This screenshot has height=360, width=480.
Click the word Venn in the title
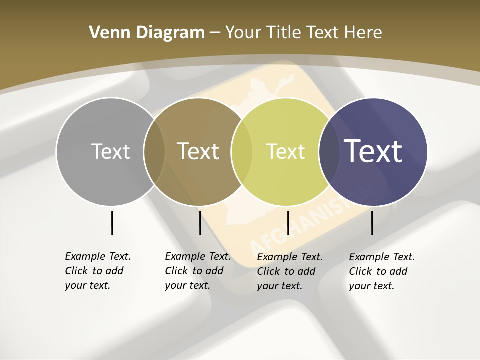[106, 32]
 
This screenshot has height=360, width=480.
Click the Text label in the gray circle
[110, 151]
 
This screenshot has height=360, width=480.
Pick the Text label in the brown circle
[198, 151]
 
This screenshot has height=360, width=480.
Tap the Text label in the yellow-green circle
[285, 151]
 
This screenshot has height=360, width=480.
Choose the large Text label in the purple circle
[373, 151]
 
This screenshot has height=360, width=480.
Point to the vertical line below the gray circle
[112, 223]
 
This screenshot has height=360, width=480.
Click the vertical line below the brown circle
[200, 223]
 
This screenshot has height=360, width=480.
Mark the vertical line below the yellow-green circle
[288, 223]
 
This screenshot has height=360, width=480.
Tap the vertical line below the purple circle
[372, 223]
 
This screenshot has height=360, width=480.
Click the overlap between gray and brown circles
[154, 151]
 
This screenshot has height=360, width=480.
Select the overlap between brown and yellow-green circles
[242, 151]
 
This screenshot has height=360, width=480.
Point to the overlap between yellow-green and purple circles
[329, 151]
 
